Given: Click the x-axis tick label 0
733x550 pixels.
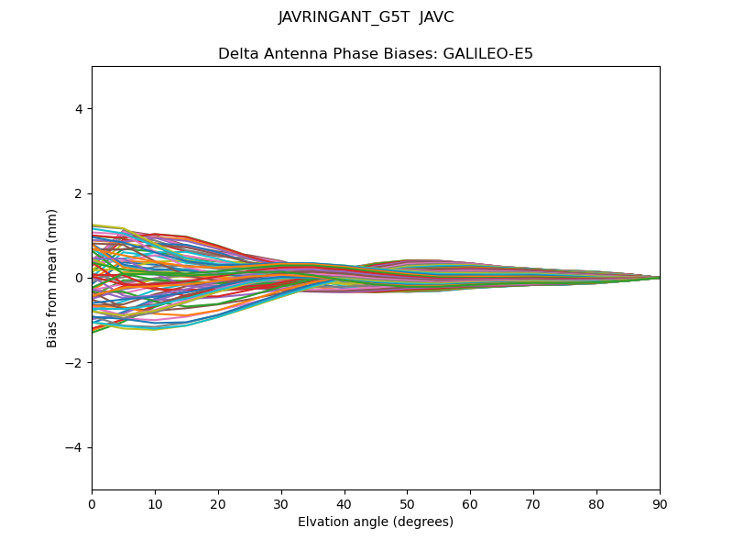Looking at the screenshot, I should (92, 503).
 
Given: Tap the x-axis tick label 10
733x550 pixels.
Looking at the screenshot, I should (155, 503).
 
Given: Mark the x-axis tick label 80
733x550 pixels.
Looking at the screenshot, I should (596, 503).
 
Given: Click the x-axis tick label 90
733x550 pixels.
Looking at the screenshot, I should (660, 503).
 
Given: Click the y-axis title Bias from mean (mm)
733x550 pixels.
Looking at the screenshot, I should (53, 278).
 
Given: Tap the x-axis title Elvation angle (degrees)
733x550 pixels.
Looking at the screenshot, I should (376, 522).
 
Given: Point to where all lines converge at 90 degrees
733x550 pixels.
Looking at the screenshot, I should (659, 278).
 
